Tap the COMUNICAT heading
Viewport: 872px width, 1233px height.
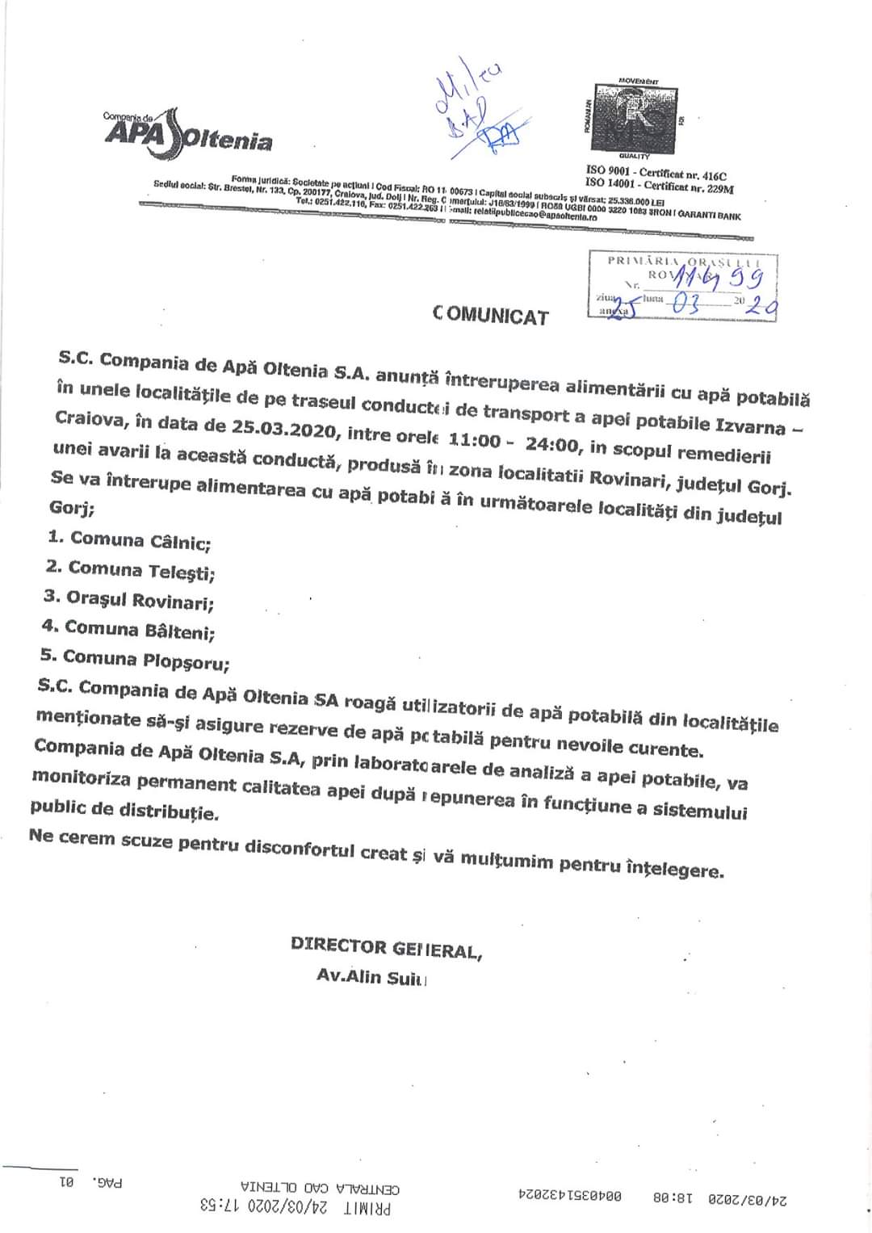(491, 315)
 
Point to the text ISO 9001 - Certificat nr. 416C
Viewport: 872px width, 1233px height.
(656, 174)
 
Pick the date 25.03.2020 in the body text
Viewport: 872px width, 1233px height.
(283, 430)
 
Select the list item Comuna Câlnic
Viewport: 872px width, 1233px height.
(129, 540)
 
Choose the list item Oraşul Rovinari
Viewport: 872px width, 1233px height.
(129, 600)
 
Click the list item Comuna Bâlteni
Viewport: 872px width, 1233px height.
(128, 629)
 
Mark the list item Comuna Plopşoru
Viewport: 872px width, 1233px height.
(135, 660)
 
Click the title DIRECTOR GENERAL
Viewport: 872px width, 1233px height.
(386, 948)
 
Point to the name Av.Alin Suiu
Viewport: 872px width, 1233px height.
(371, 977)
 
